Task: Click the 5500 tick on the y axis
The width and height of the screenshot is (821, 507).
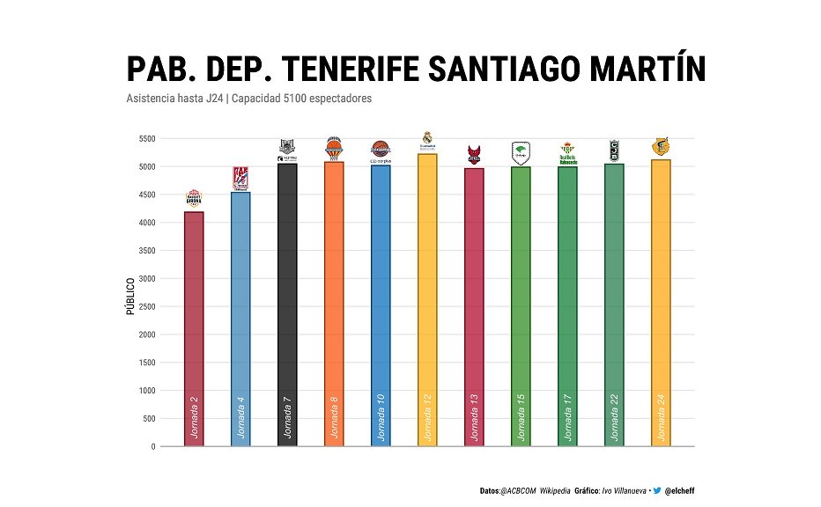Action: [146, 139]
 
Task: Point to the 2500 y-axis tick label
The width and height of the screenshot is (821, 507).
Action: [146, 306]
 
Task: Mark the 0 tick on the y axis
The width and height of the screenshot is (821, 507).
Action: [153, 446]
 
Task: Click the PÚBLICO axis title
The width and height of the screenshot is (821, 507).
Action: [129, 296]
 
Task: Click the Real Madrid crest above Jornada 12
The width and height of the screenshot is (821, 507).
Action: [427, 138]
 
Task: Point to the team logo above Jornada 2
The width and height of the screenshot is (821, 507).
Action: [194, 198]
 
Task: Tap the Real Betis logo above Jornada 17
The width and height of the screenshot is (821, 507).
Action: [568, 153]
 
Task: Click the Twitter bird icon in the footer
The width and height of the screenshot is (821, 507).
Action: [656, 490]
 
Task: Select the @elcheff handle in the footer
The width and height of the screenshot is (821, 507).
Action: [681, 490]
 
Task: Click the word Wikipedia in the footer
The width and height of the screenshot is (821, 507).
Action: [554, 490]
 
